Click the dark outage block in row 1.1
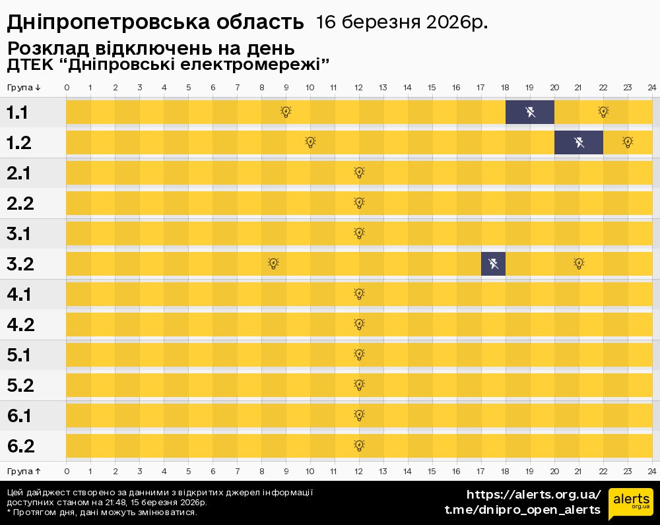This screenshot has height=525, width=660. pyautogui.click(x=530, y=112)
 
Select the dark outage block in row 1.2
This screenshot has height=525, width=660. pyautogui.click(x=579, y=142)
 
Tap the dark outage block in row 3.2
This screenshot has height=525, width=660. pyautogui.click(x=494, y=264)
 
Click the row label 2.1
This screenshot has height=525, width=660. pyautogui.click(x=20, y=173)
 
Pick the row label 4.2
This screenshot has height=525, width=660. pyautogui.click(x=20, y=324)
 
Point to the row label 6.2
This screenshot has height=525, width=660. pyautogui.click(x=20, y=446)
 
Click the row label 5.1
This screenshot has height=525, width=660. pyautogui.click(x=20, y=355)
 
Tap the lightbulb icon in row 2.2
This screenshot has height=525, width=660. pyautogui.click(x=359, y=203)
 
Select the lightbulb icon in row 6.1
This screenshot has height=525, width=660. pyautogui.click(x=359, y=416)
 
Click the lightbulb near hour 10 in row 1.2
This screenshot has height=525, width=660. pyautogui.click(x=311, y=142)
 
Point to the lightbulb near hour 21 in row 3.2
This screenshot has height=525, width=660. pyautogui.click(x=579, y=264)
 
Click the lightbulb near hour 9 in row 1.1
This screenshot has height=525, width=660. pyautogui.click(x=286, y=112)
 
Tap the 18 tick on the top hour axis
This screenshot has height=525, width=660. pyautogui.click(x=506, y=88)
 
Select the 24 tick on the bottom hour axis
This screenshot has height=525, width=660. pyautogui.click(x=651, y=472)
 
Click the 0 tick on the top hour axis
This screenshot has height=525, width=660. pyautogui.click(x=67, y=88)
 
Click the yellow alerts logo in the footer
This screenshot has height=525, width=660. pyautogui.click(x=630, y=503)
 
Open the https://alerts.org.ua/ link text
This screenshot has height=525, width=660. pyautogui.click(x=534, y=495)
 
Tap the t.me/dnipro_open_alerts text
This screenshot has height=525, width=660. pyautogui.click(x=523, y=510)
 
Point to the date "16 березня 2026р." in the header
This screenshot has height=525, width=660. pyautogui.click(x=402, y=22)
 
